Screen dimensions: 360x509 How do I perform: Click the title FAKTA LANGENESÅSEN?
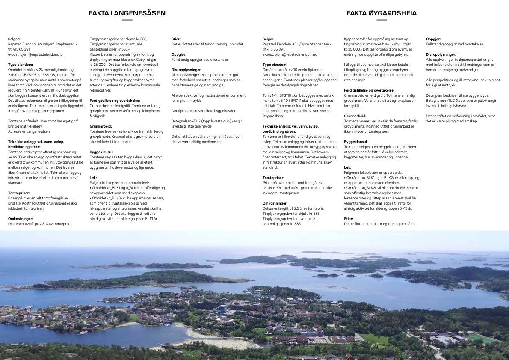[127, 13]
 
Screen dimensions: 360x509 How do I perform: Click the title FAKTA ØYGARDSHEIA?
[382, 13]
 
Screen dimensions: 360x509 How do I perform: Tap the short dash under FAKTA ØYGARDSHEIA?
[382, 20]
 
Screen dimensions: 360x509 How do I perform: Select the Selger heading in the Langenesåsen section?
[14, 39]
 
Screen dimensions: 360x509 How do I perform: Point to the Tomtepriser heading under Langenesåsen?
[19, 193]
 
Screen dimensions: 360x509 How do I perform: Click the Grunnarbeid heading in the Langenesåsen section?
[101, 126]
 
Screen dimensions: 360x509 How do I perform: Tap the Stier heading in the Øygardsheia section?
[349, 219]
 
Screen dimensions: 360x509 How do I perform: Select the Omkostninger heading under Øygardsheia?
[275, 203]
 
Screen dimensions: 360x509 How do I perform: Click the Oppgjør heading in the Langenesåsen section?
[179, 54]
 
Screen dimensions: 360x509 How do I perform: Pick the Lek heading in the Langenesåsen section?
[93, 178]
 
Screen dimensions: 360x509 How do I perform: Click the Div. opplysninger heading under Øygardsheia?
[441, 54]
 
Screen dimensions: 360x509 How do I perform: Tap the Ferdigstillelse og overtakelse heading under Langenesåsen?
[115, 101]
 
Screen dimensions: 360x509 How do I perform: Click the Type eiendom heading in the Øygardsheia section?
[275, 65]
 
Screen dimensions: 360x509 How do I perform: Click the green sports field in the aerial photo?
[479, 338]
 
